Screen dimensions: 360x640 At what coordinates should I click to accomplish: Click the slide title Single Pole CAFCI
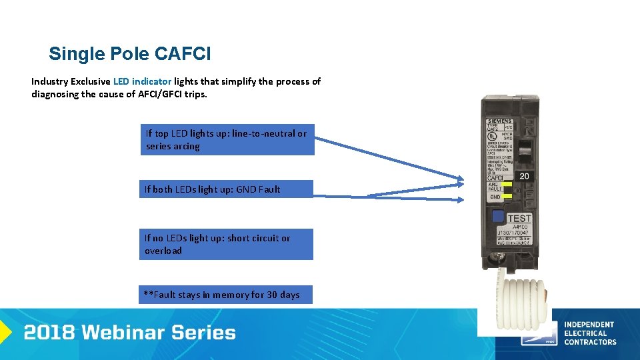point(129,53)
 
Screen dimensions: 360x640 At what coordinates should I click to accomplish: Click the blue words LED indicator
point(142,81)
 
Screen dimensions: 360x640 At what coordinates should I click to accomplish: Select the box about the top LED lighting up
point(227,140)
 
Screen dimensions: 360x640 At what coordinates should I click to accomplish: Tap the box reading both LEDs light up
point(225,189)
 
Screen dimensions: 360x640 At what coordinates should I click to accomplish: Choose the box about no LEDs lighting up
point(225,244)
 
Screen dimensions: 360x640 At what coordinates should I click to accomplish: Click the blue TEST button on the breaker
point(497,217)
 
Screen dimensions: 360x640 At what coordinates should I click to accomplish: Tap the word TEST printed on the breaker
point(519,219)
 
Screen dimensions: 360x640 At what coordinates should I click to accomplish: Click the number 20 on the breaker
point(524,176)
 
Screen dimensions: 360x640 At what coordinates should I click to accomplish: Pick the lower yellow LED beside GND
point(507,196)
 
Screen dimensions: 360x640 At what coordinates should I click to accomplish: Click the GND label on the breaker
point(495,197)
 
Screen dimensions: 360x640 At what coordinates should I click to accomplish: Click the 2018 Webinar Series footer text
point(129,333)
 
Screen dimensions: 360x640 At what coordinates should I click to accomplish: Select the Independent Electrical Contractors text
point(589,333)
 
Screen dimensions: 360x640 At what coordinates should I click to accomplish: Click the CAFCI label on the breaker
point(495,178)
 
